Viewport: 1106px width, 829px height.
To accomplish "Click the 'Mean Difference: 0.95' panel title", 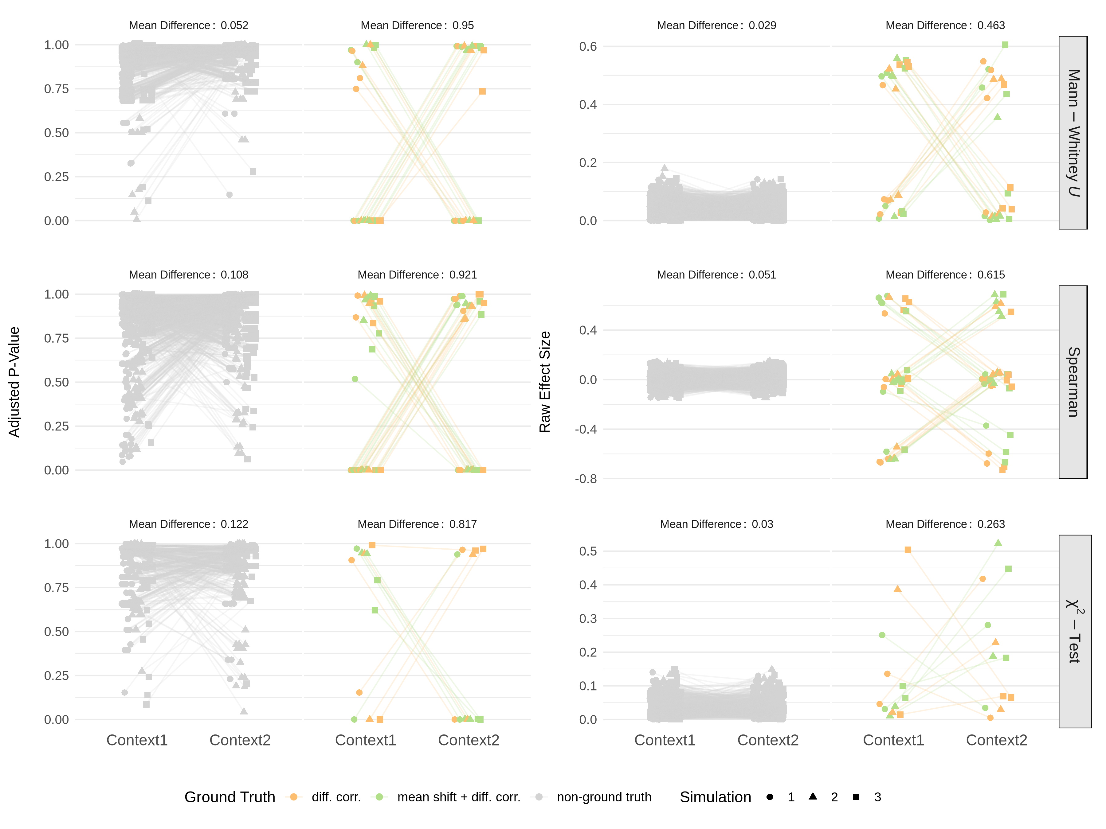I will pos(417,25).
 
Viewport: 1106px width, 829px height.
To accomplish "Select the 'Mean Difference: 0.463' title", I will pos(945,25).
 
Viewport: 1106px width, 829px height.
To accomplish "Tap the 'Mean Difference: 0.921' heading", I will pos(417,275).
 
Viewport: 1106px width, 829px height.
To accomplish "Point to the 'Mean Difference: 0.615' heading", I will pos(945,275).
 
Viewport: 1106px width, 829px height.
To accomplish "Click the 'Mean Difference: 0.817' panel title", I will pos(417,524).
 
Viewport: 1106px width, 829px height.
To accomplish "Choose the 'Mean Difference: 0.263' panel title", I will pos(945,524).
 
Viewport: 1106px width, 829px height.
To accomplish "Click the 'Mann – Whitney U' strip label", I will pos(1073,133).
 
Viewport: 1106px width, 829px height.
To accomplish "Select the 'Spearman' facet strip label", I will pos(1073,382).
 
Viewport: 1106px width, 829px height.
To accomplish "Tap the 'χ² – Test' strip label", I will pos(1073,631).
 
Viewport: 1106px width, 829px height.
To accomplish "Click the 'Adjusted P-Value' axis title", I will pos(14,382).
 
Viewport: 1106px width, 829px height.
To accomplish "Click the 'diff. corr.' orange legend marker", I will pos(294,797).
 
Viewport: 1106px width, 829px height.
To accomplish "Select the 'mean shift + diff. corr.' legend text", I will pos(458,797).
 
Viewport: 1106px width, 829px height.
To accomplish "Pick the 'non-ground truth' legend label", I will pos(604,797).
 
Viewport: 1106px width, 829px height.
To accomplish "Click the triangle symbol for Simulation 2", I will pos(813,796).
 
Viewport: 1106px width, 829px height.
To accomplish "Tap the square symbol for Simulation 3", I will pos(856,797).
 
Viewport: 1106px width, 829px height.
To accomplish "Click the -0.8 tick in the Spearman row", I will pos(586,479).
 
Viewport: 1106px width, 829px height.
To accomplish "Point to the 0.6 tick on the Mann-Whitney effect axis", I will pos(588,46).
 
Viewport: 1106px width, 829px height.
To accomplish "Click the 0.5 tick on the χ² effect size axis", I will pos(588,551).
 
